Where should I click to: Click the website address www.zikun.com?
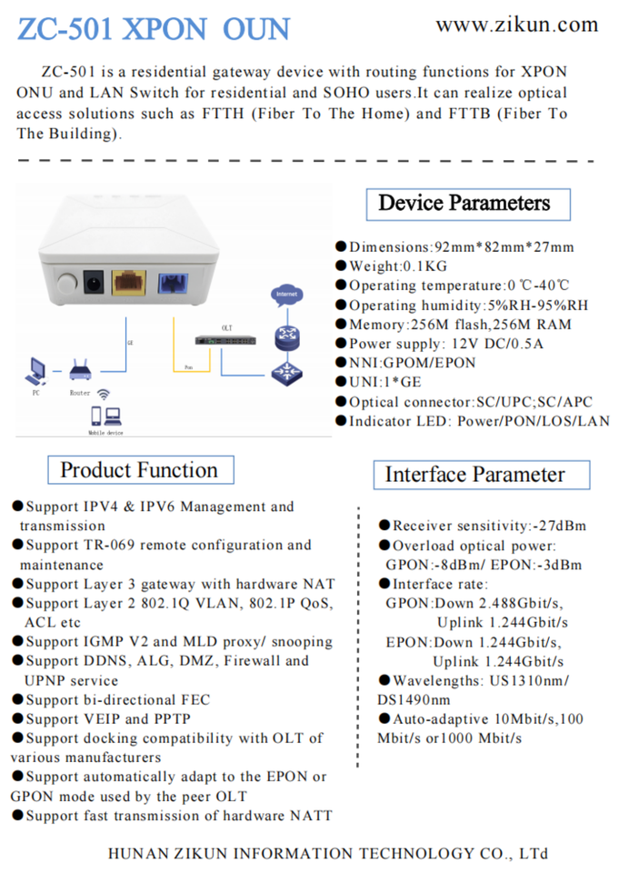(517, 25)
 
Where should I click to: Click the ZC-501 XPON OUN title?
(154, 29)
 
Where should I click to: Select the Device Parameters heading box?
(468, 205)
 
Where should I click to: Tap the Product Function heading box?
(141, 470)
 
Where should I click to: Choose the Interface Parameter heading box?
(482, 475)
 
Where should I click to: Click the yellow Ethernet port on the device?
(129, 282)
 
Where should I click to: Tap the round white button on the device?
(66, 283)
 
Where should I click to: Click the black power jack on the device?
(94, 282)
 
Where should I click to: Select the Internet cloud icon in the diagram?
(286, 295)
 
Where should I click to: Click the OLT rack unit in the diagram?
(225, 340)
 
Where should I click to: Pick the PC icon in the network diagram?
(35, 371)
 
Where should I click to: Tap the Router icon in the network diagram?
(80, 370)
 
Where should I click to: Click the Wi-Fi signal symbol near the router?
(104, 394)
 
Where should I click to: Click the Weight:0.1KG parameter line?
(392, 266)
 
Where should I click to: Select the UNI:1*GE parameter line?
(378, 382)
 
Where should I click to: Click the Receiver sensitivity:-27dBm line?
(483, 526)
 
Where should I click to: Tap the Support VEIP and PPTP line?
(101, 718)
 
